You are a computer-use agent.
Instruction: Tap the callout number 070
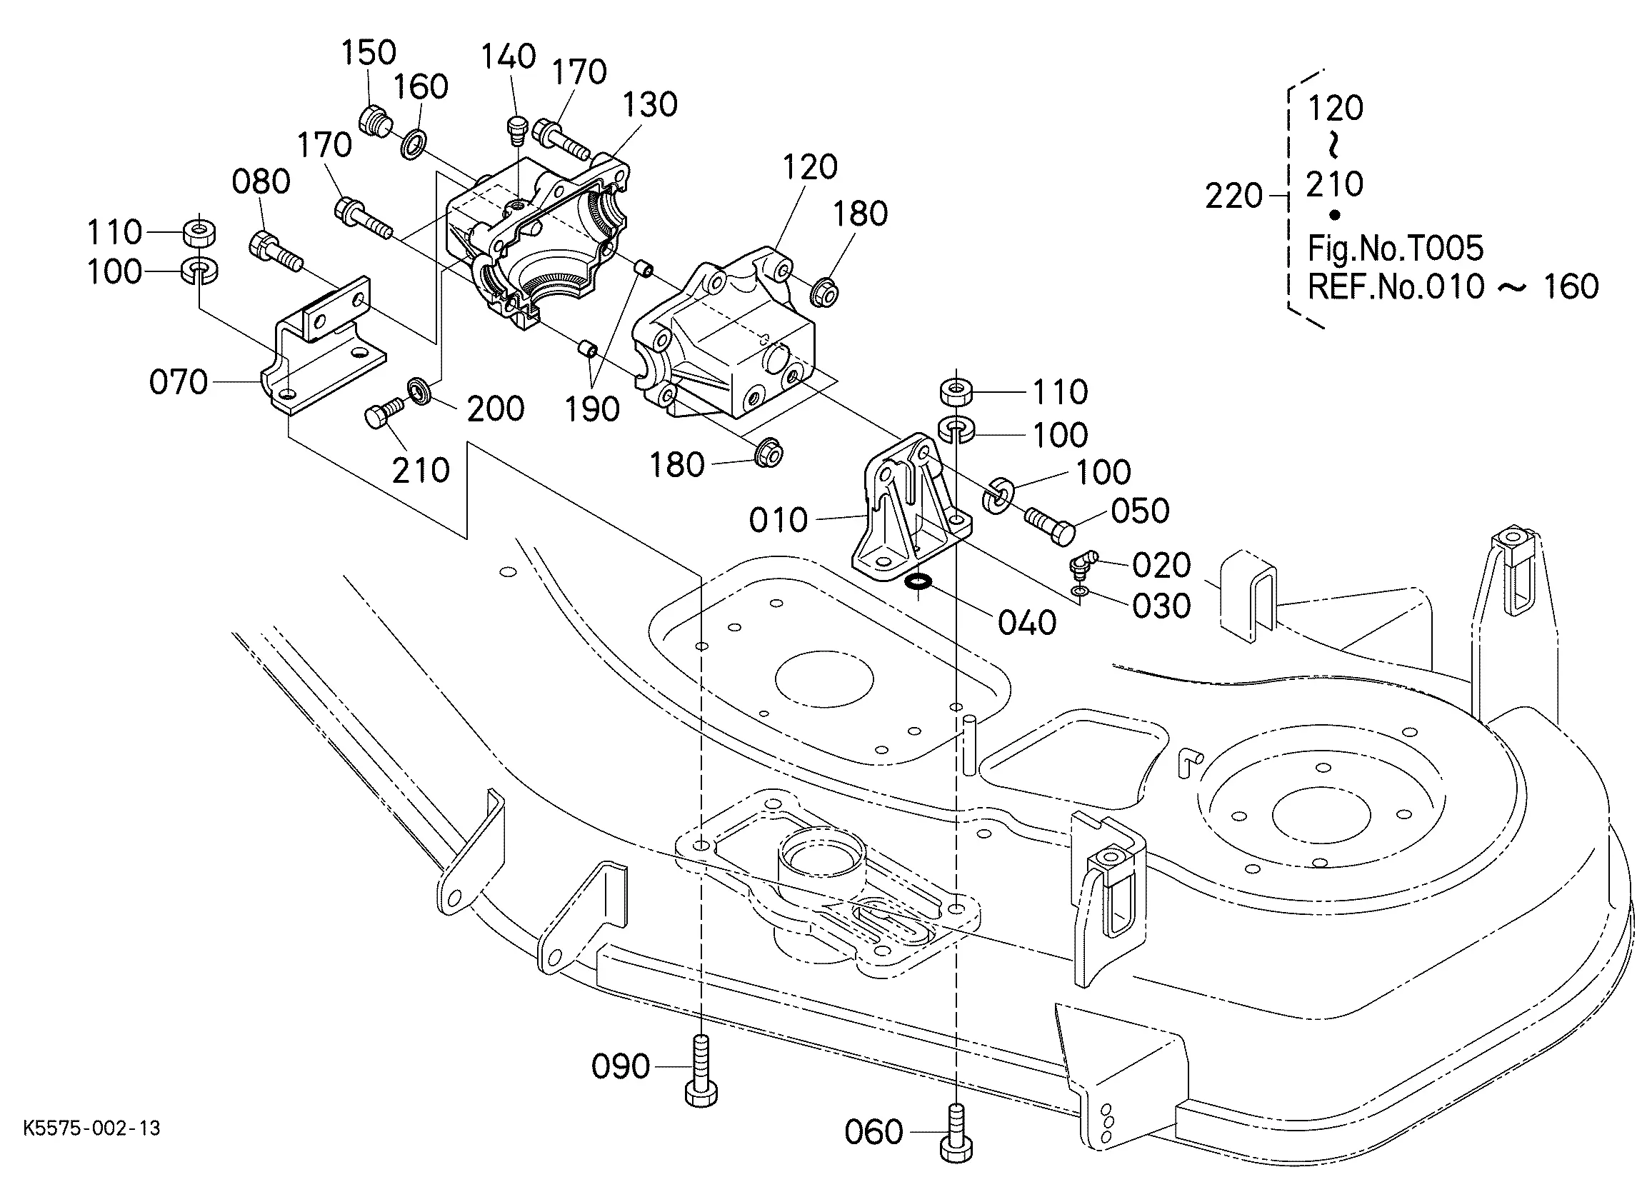(178, 381)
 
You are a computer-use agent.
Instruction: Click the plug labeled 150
(374, 121)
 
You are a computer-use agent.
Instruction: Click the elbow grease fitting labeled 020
(1081, 563)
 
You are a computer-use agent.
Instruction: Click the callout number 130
(650, 105)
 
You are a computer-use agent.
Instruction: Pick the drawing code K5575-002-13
(92, 1128)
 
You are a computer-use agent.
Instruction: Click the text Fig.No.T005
(1395, 249)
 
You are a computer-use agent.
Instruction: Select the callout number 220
(1233, 196)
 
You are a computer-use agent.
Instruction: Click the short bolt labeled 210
(381, 413)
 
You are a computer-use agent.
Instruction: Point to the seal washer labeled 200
(420, 391)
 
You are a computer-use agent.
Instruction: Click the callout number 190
(592, 410)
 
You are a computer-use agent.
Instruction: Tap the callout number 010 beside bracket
(779, 519)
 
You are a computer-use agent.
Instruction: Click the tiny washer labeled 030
(1080, 592)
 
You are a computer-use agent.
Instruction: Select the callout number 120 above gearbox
(809, 167)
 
